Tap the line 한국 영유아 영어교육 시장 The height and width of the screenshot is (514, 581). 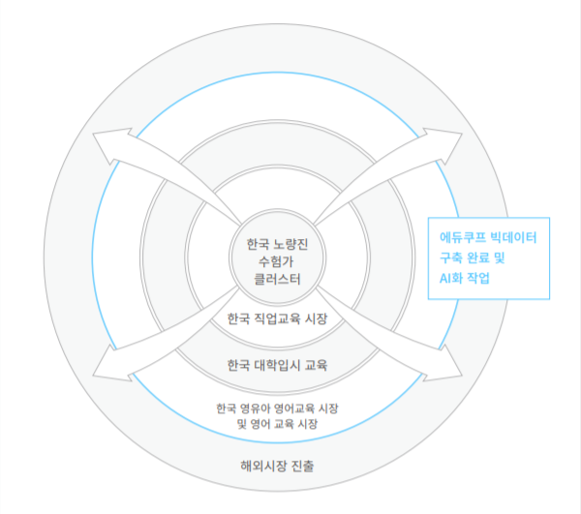coord(277,407)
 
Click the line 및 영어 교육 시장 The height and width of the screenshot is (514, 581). coord(277,424)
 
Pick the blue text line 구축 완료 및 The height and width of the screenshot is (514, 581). coord(473,257)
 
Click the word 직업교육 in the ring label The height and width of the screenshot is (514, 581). coord(280,318)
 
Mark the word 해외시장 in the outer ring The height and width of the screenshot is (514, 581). coord(262,465)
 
